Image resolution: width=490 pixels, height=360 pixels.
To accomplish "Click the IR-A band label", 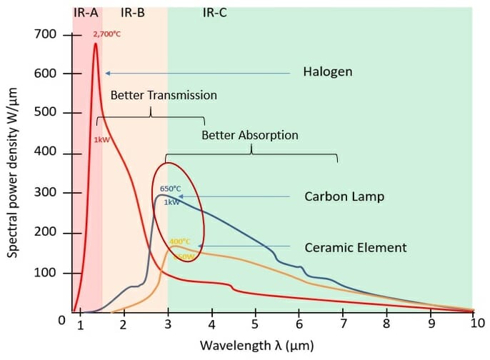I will [86, 12].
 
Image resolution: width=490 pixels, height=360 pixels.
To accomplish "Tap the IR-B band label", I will [133, 12].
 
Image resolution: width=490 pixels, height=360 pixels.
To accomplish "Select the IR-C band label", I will [215, 12].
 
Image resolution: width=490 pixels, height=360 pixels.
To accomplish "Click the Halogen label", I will [327, 72].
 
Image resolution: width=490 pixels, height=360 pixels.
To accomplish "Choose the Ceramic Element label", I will [355, 248].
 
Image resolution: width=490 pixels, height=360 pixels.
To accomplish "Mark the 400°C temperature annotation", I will [180, 241].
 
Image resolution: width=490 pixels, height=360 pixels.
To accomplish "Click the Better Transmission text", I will [163, 95].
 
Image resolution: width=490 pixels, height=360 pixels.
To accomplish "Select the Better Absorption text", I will [249, 135].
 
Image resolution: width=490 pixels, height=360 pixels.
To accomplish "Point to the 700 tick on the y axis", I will [44, 34].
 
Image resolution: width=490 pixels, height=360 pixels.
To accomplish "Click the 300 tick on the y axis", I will [44, 194].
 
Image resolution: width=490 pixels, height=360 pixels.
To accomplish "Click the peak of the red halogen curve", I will [96, 44].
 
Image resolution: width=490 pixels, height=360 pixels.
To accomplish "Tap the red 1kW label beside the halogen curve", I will [101, 139].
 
